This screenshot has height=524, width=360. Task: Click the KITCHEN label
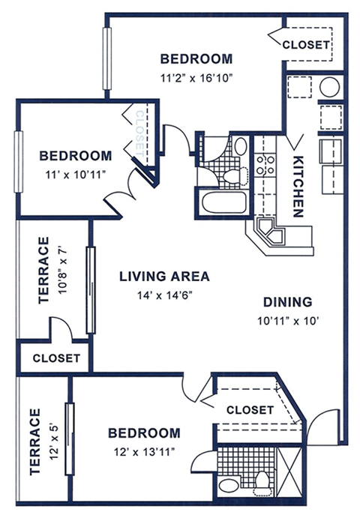point(298,187)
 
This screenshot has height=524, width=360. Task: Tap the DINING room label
point(287,302)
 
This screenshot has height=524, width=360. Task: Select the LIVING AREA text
point(164,276)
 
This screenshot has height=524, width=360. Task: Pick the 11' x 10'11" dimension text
point(75,173)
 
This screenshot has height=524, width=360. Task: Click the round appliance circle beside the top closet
point(330,87)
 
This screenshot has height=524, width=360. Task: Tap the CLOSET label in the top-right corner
point(305,45)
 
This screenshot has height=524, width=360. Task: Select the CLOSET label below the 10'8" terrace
point(55,358)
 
